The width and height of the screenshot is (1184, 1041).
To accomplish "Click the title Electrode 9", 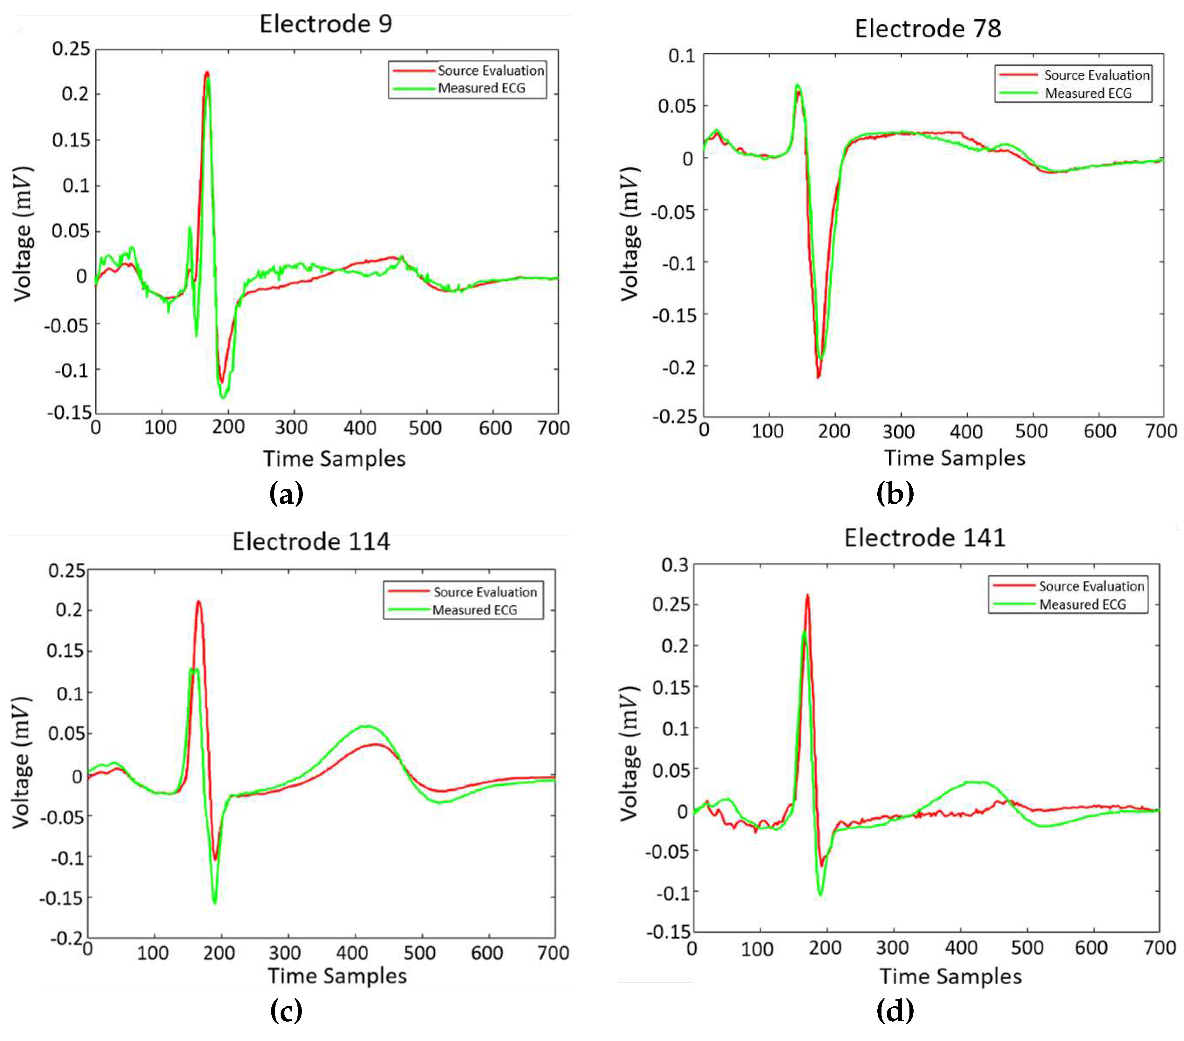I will click(x=325, y=24).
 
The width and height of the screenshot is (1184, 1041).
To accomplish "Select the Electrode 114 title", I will click(x=311, y=542).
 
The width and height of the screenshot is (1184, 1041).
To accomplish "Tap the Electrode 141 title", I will click(x=924, y=538).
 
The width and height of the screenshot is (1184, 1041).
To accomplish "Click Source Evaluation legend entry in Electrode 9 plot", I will click(x=490, y=71).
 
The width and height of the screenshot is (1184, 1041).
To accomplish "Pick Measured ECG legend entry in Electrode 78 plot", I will click(x=1087, y=93).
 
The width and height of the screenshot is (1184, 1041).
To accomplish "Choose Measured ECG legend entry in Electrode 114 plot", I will click(x=474, y=610).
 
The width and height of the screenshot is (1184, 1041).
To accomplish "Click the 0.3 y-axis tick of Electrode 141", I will click(x=675, y=565).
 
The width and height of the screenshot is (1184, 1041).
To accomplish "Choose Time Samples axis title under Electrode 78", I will click(x=954, y=458).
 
